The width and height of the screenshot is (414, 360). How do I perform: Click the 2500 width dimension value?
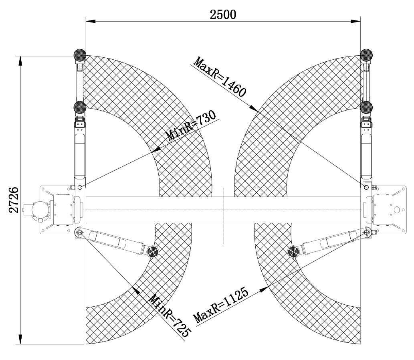223,14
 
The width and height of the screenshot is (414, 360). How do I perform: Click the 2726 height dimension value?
14,200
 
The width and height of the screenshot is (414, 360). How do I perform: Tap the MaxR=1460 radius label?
220,77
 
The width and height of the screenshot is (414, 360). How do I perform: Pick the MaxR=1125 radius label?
221,305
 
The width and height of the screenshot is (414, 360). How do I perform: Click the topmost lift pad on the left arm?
80,55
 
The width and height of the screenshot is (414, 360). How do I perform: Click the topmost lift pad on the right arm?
366,55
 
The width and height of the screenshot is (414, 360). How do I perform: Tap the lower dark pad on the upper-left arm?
80,107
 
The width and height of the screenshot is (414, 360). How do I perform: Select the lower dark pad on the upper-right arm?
366,107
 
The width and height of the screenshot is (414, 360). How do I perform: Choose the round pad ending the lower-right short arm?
294,252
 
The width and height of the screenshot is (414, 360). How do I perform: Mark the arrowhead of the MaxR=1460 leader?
253,109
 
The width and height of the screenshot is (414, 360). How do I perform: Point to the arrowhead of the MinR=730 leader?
157,150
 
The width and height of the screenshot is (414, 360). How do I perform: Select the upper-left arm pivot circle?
80,187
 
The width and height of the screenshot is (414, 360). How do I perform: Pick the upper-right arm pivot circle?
366,187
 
